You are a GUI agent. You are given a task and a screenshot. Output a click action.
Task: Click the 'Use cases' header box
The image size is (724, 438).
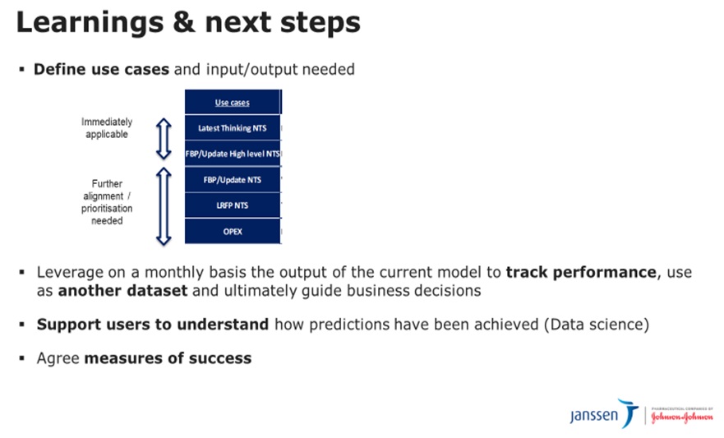[x=233, y=102]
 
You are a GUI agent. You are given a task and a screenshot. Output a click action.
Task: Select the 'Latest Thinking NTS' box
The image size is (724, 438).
[x=233, y=128]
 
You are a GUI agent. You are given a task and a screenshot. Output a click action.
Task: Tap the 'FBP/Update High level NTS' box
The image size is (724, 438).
[x=233, y=154]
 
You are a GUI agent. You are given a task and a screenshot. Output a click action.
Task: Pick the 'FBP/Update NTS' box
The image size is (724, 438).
[x=233, y=179]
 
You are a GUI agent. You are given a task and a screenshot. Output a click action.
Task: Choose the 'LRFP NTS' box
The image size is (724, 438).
[x=233, y=205]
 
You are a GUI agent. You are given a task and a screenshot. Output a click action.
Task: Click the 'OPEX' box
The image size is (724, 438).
[x=233, y=231]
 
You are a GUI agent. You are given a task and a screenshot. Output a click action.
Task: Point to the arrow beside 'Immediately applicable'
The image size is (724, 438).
[x=164, y=139]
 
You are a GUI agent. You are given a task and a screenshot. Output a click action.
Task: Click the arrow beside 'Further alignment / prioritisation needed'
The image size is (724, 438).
[x=164, y=206]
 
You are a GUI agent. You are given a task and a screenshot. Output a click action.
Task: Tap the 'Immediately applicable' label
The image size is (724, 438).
[x=107, y=128]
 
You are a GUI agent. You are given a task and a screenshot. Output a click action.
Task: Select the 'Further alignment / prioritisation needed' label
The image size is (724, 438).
[x=107, y=202]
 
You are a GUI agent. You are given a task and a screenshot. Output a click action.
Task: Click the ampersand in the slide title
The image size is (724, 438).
[x=184, y=22]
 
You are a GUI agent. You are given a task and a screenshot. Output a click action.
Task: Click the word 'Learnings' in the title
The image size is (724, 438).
[x=90, y=23]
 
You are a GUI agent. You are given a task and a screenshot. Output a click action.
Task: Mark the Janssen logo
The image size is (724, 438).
[x=604, y=413]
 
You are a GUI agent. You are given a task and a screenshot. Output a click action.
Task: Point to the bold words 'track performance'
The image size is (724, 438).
[x=581, y=272]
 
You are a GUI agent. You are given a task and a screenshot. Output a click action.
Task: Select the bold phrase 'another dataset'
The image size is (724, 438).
[x=122, y=291]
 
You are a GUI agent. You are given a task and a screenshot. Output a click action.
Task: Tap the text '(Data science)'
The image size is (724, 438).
[x=597, y=325]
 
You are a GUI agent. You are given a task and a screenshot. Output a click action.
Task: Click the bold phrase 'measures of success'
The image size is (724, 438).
[x=168, y=358]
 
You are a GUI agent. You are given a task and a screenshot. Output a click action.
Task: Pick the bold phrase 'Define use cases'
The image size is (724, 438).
[x=102, y=69]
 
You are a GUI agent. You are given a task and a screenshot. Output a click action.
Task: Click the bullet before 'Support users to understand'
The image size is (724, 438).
[x=21, y=325]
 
